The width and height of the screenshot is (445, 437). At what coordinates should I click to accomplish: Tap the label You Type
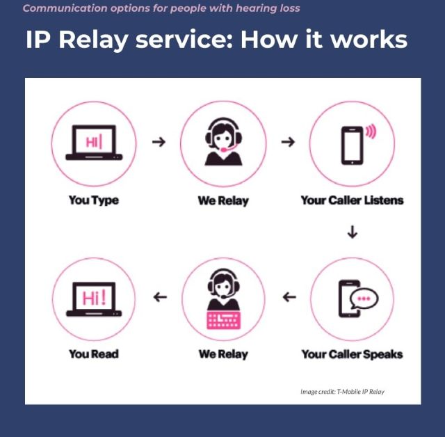click(93, 200)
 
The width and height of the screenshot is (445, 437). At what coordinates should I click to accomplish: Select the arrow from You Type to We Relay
click(159, 141)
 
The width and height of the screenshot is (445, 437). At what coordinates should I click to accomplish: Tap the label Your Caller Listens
click(352, 200)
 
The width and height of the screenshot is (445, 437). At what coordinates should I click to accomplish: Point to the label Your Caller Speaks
click(352, 354)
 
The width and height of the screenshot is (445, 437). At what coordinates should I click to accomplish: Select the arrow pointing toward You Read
click(160, 297)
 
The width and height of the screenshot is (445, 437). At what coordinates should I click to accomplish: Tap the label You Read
click(93, 354)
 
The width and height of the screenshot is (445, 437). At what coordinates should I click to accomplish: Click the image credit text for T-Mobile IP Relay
click(342, 392)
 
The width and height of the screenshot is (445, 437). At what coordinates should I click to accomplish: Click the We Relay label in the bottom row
click(222, 354)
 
